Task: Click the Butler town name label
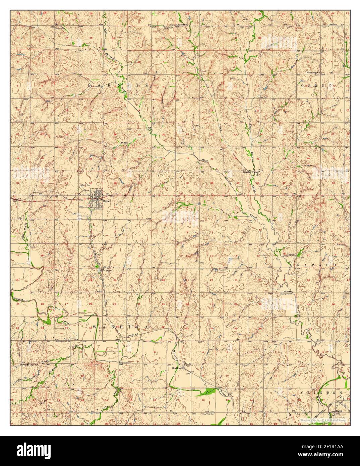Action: pos(107,201)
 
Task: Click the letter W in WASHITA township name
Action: pos(95,327)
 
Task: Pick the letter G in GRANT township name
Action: pos(304,86)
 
